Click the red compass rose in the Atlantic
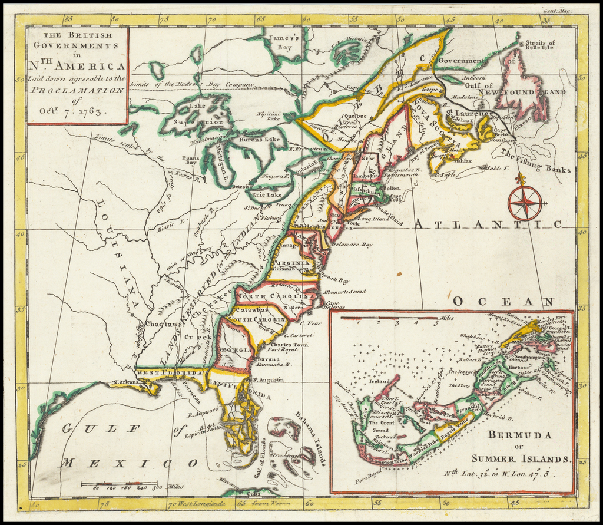coord(524,202)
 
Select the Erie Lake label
coord(267,194)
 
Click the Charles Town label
coord(290,344)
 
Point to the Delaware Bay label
coord(352,243)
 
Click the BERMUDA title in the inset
coord(518,435)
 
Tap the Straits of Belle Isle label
coord(540,46)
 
